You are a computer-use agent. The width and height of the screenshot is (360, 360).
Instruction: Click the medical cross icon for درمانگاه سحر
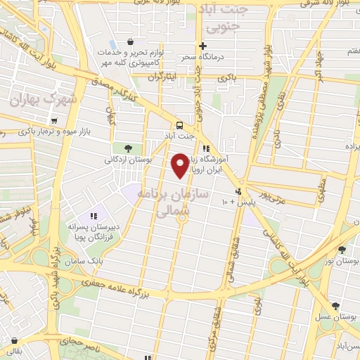click(202, 46)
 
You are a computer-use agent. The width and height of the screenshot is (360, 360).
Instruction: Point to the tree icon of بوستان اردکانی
click(128, 148)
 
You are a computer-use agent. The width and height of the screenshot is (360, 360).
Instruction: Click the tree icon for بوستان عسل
click(336, 305)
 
